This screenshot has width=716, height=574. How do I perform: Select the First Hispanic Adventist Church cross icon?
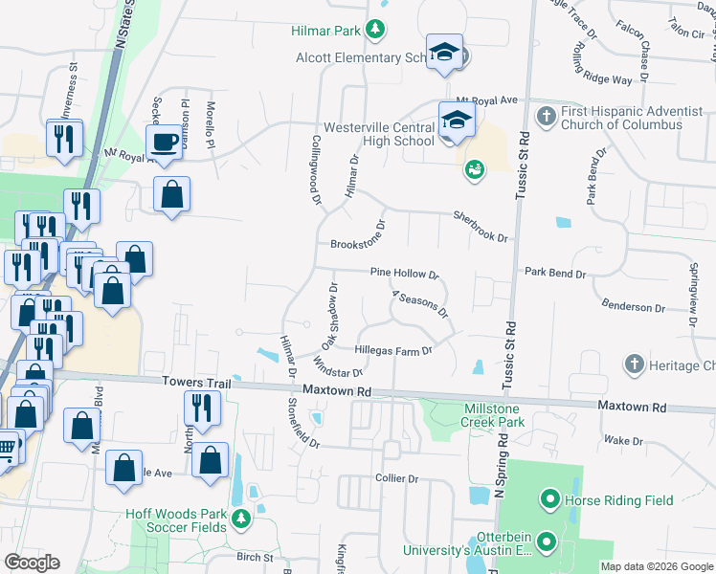pos(546,118)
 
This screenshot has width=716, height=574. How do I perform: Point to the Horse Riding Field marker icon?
pos(549,499)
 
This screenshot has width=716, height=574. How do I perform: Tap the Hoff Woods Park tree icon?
pos(241,519)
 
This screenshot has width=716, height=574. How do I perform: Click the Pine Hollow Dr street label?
pos(404,274)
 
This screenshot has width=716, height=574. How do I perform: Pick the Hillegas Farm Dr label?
pos(394,351)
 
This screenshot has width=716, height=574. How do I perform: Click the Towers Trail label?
pos(198,383)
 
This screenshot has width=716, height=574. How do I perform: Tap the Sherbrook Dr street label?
pos(480,227)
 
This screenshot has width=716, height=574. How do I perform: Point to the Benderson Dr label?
pos(633,307)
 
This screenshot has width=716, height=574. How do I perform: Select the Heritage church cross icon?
pos(633,364)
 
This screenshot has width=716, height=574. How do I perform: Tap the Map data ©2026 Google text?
pos(656,566)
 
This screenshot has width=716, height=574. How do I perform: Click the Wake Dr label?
pos(623,440)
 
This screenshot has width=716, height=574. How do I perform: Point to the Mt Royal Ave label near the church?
pos(486,99)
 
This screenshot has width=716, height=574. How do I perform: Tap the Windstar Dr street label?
pos(338,367)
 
